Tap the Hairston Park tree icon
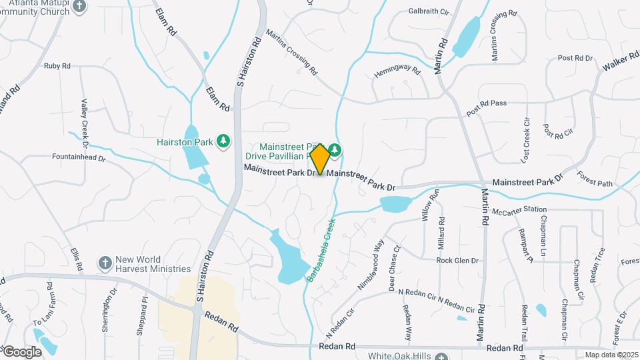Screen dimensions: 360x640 click(224, 141)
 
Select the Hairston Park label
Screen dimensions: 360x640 click(184, 142)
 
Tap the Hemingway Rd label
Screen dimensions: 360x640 click(397, 72)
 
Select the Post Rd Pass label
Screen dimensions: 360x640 click(487, 108)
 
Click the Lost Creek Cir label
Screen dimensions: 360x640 click(527, 141)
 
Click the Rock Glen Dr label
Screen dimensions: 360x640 click(458, 261)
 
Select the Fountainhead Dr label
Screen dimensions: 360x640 click(79, 158)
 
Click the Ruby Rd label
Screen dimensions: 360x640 click(57, 65)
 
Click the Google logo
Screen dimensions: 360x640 click(22, 351)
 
